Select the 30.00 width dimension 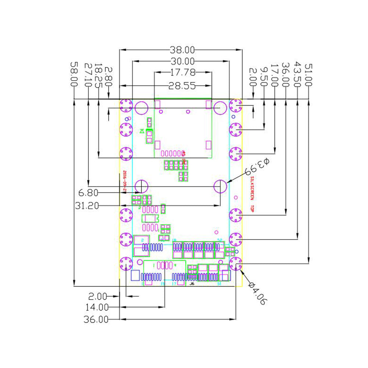[x=182, y=61]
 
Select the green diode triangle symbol [x=142, y=131]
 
